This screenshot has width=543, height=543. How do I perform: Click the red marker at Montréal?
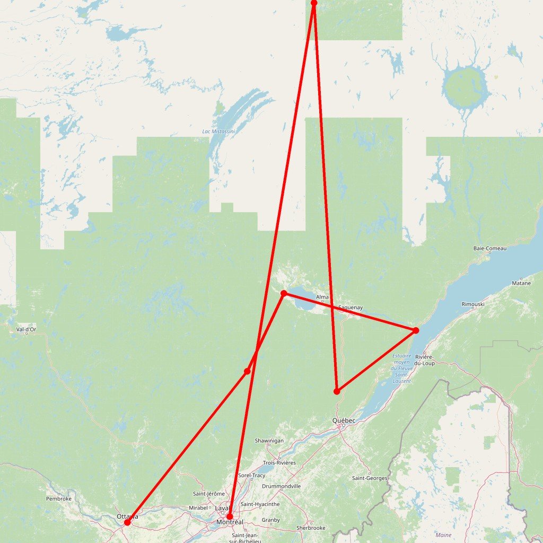point(230,516)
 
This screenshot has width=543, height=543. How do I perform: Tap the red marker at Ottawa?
point(127,522)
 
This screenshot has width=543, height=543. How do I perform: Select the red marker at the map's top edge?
point(314,3)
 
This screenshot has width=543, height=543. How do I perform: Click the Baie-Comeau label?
point(490,248)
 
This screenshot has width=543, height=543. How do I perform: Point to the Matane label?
point(521,283)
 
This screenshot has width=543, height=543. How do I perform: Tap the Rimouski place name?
point(473,304)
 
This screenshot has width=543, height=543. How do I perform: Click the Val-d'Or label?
point(27,329)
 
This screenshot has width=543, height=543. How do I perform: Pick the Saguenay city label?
point(350,307)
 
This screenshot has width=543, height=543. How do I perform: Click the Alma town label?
point(322,297)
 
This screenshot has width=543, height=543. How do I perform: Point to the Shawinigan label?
point(269,441)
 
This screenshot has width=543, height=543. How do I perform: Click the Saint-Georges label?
point(370,478)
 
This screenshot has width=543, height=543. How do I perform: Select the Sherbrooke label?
point(311,528)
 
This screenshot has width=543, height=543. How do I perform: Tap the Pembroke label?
point(59,498)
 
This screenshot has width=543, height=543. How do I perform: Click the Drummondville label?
point(281,486)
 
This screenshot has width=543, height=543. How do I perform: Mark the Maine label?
point(443,535)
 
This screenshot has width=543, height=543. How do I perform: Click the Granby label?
point(270,520)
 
